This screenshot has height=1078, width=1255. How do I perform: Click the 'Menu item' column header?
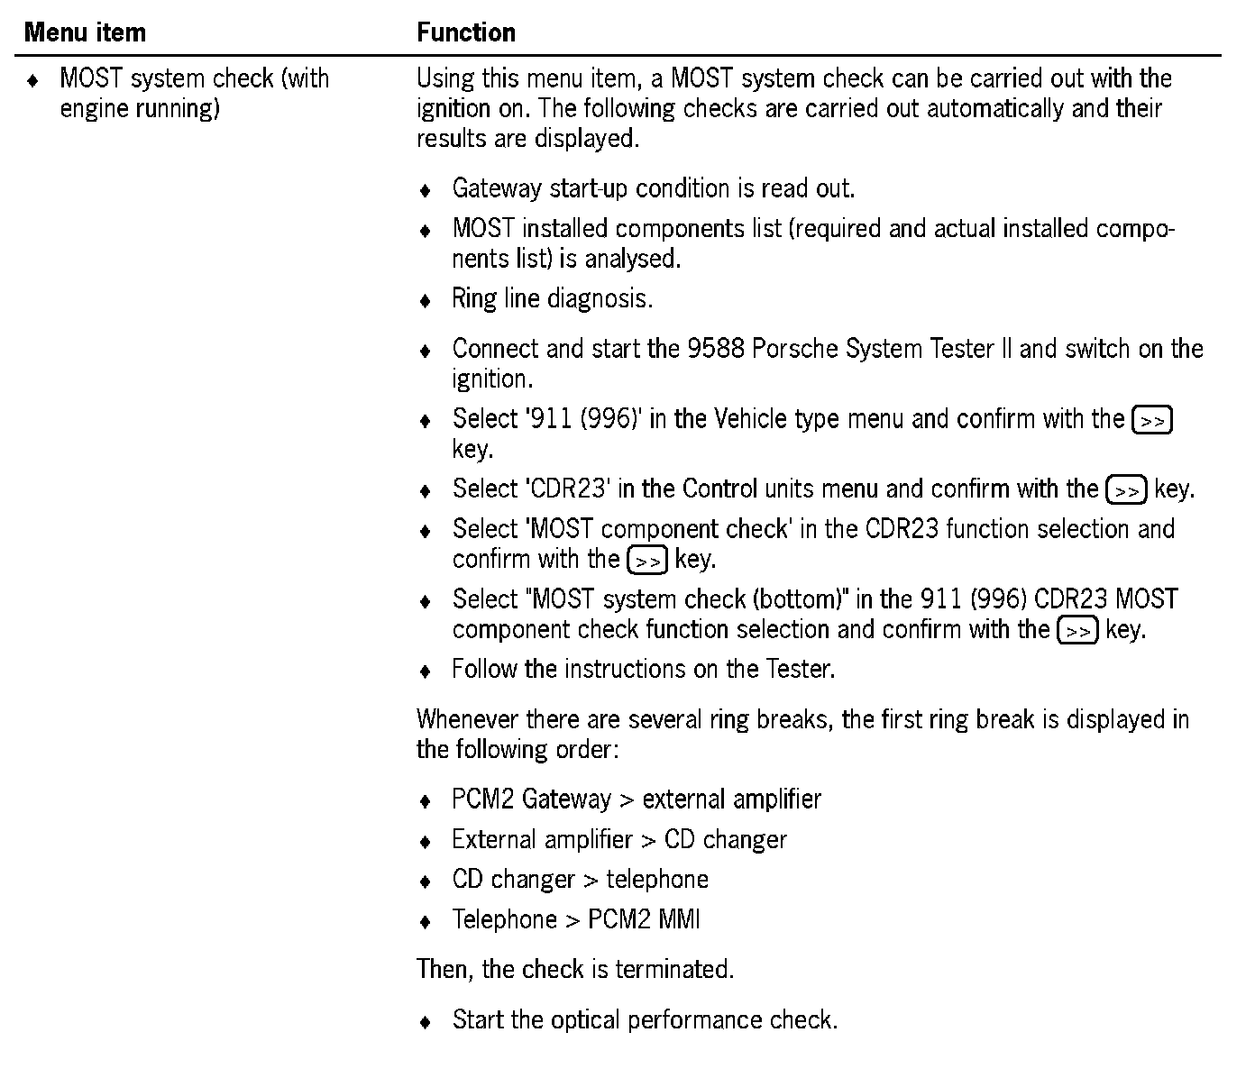[x=85, y=32]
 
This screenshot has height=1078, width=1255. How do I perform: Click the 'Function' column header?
[x=466, y=32]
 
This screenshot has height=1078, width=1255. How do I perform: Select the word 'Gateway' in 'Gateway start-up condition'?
[x=500, y=188]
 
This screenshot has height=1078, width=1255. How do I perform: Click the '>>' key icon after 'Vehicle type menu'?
[x=1151, y=421]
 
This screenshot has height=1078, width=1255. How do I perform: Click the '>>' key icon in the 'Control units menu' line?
[x=1126, y=491]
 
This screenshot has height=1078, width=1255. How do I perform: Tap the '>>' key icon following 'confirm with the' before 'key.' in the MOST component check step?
[x=646, y=561]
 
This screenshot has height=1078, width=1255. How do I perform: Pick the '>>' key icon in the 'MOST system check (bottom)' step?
[x=1076, y=631]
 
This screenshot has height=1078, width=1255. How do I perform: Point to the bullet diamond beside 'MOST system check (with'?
[x=33, y=80]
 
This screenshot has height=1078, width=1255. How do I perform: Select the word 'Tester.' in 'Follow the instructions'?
[x=800, y=669]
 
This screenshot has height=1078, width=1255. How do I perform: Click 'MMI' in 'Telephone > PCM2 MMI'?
[x=680, y=919]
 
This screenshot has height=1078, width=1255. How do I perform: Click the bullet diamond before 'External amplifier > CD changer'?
[x=426, y=842]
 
